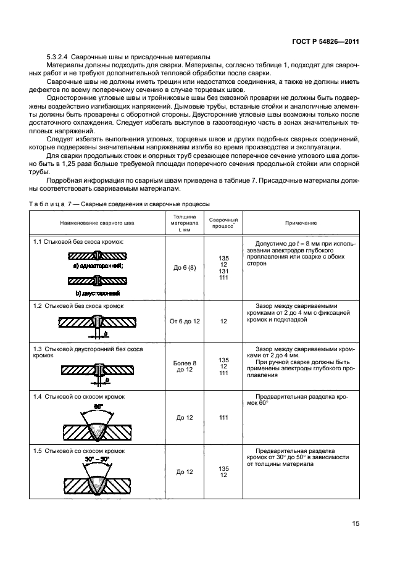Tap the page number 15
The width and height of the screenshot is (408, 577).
point(356,523)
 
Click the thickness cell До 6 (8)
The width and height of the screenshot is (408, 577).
point(185,268)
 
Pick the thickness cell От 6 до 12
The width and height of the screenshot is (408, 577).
point(185,322)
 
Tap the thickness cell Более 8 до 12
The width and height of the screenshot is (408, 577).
point(185,367)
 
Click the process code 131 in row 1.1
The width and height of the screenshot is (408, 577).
point(223,271)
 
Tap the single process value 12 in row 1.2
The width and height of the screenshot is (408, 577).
point(223,322)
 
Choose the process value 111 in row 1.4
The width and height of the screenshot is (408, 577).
point(223,418)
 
